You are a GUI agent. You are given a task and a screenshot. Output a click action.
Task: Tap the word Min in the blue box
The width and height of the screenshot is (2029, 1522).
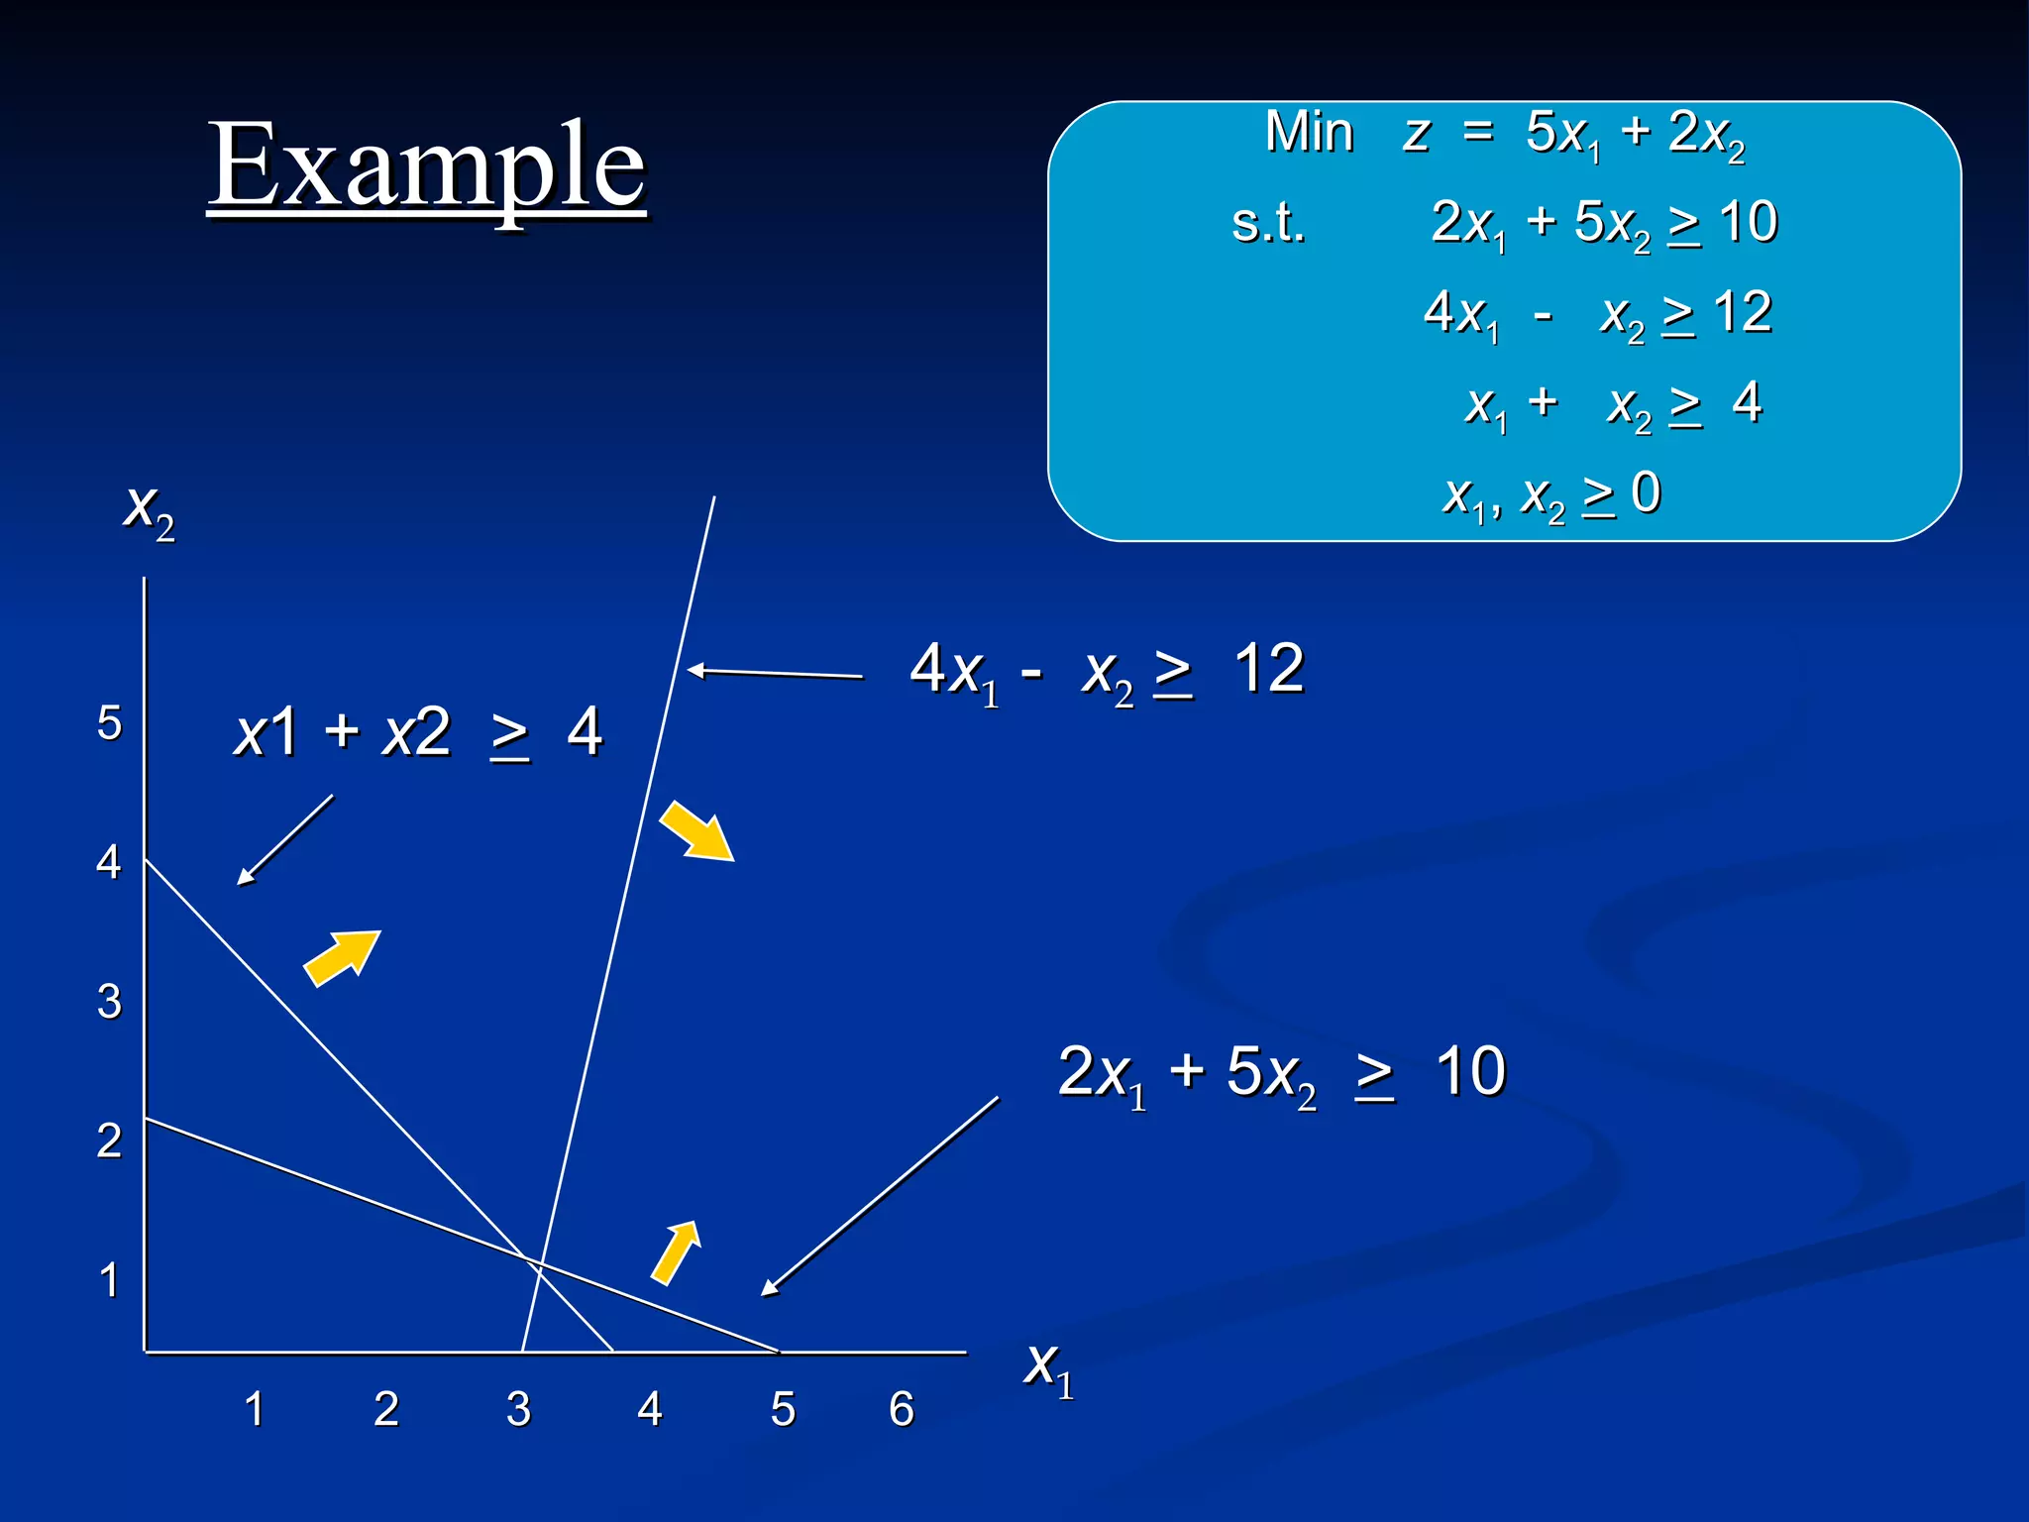[1309, 132]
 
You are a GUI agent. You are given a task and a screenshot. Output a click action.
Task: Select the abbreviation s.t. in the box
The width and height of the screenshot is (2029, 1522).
[1268, 222]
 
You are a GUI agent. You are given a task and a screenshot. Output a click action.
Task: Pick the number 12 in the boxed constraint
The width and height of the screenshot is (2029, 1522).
[1742, 312]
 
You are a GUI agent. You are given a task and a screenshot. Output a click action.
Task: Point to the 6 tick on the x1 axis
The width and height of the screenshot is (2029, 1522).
[901, 1408]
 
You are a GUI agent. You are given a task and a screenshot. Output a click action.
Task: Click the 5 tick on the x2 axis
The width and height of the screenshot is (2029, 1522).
[109, 722]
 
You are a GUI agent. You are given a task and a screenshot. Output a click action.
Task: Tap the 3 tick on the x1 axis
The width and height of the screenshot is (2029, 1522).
[518, 1408]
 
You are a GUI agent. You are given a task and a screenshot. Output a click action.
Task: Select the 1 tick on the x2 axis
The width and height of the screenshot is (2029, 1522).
[109, 1279]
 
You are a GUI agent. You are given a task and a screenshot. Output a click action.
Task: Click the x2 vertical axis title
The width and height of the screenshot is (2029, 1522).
[149, 509]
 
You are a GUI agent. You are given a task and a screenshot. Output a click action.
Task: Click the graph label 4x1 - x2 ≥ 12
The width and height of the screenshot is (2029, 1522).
[1106, 671]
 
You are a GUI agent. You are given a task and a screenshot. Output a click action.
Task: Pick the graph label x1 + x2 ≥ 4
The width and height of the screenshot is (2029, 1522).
[417, 733]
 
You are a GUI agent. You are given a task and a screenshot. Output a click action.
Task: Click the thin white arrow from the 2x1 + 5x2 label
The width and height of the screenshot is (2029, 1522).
[880, 1196]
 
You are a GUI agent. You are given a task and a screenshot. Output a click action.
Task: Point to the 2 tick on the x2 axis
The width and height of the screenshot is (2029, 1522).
[109, 1140]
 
